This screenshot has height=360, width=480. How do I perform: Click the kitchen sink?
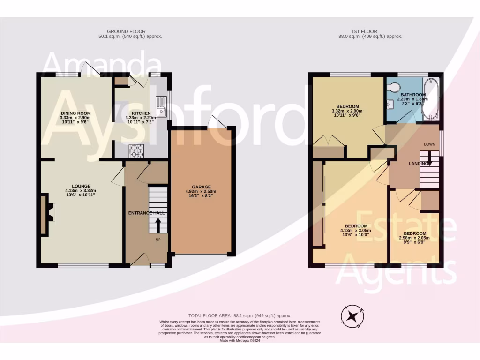coord(161,106)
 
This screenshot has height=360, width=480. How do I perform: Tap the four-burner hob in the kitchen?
coord(136,150)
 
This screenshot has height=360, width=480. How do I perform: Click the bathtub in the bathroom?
coord(431,100)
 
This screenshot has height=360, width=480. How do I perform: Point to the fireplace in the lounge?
coord(47,215)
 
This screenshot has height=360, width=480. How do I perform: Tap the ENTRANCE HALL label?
coord(147,213)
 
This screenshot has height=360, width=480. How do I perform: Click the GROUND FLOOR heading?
coord(130,31)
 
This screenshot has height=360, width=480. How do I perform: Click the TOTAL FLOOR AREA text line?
coord(240,316)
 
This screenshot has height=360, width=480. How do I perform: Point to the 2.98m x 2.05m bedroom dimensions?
coord(415,238)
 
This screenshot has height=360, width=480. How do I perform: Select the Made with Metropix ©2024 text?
coord(240,341)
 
